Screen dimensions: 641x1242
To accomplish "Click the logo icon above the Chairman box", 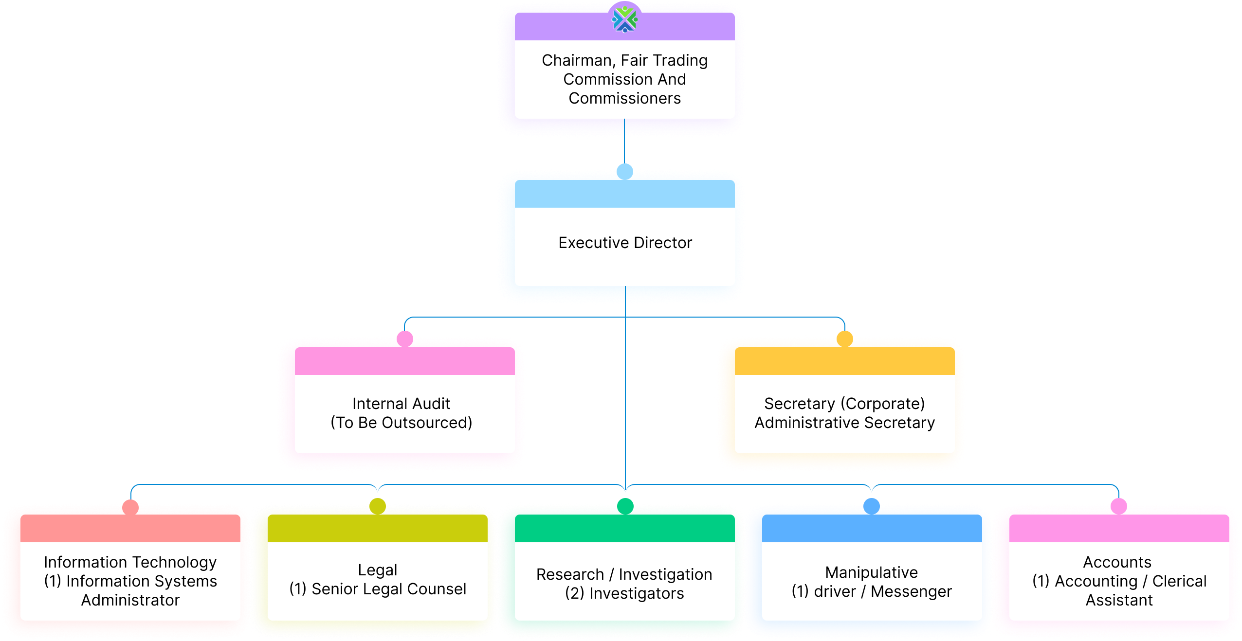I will (x=625, y=20).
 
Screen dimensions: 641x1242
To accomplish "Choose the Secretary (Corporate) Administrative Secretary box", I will (x=844, y=413).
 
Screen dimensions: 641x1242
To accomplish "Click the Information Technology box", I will (x=130, y=581).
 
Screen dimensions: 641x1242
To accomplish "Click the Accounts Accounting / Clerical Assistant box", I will (x=1119, y=581).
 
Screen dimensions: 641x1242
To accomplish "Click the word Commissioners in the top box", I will (x=625, y=98).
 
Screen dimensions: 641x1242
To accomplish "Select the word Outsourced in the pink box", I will (x=426, y=423).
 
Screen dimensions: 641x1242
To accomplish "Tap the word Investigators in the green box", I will (x=637, y=593).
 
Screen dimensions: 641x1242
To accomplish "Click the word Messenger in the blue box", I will (x=911, y=591).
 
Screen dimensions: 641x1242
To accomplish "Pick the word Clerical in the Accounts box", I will (x=1179, y=581).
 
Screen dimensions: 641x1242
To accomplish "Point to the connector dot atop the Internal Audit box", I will (x=404, y=336).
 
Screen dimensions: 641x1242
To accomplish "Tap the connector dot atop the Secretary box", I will (x=845, y=336).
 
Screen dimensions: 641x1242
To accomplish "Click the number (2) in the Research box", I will (x=574, y=593).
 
